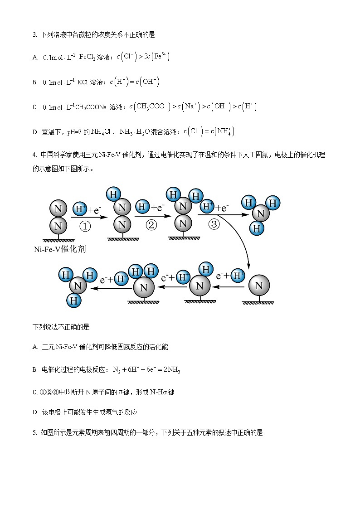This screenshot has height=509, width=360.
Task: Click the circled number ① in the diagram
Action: pos(85,226)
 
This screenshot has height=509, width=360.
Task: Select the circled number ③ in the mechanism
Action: pos(214,224)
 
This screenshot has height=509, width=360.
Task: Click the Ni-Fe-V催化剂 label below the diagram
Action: pos(60,249)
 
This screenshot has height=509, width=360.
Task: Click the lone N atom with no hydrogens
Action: pos(259,286)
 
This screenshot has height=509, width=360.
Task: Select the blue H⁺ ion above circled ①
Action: pos(80,209)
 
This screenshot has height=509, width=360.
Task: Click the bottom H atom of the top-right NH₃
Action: pos(257,228)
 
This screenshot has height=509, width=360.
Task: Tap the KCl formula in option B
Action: pos(83,82)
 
